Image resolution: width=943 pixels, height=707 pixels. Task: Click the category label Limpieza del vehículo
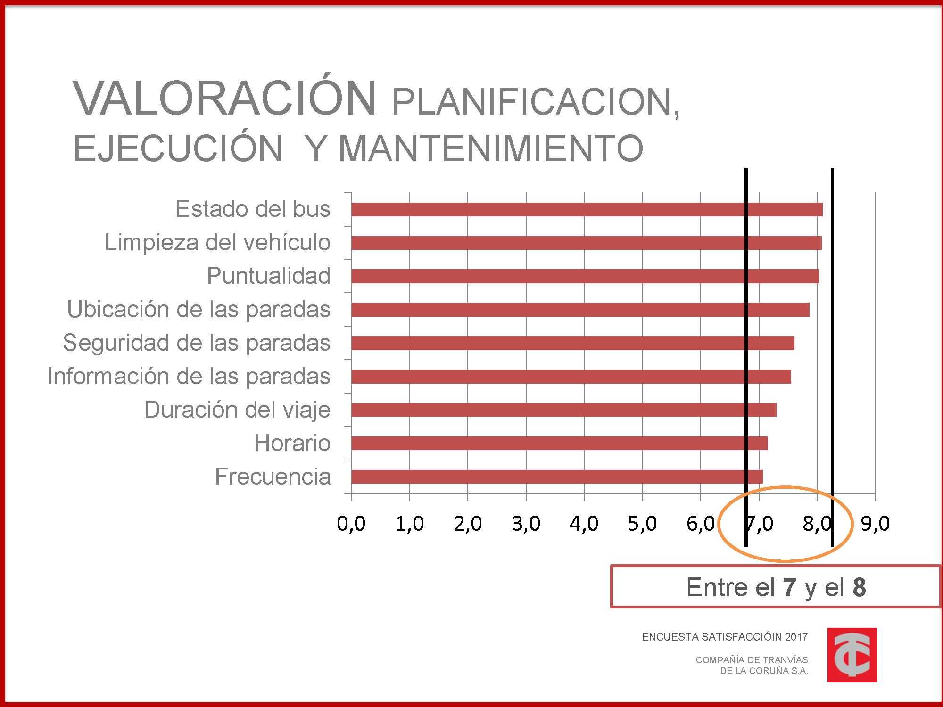tap(217, 243)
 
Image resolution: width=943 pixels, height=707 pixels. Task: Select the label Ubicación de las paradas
tap(199, 310)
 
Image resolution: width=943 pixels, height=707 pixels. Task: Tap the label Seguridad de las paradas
tap(197, 343)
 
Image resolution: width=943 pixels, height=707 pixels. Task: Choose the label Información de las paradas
tap(189, 377)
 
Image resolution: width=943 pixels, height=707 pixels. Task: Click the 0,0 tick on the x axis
tap(351, 524)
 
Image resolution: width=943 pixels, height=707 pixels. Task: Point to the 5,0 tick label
tap(642, 524)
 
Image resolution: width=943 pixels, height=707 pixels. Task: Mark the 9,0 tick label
tap(876, 524)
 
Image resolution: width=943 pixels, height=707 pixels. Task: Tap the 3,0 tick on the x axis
tap(526, 524)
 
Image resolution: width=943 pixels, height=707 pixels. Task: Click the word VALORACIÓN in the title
tap(224, 98)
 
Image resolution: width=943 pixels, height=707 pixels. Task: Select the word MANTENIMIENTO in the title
tap(491, 148)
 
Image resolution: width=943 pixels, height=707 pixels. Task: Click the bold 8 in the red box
tap(859, 587)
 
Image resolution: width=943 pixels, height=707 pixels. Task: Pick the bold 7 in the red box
tap(790, 587)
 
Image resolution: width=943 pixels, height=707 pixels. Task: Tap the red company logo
tap(852, 655)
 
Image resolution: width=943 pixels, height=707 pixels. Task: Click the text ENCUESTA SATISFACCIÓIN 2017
tap(725, 637)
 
